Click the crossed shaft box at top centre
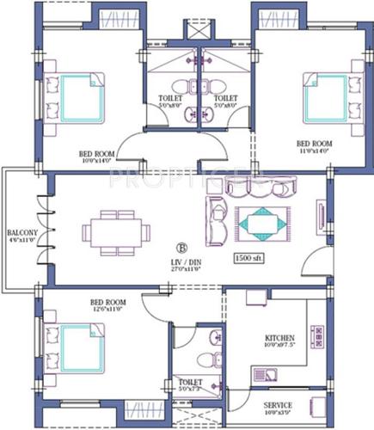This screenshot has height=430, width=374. [x=199, y=33]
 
